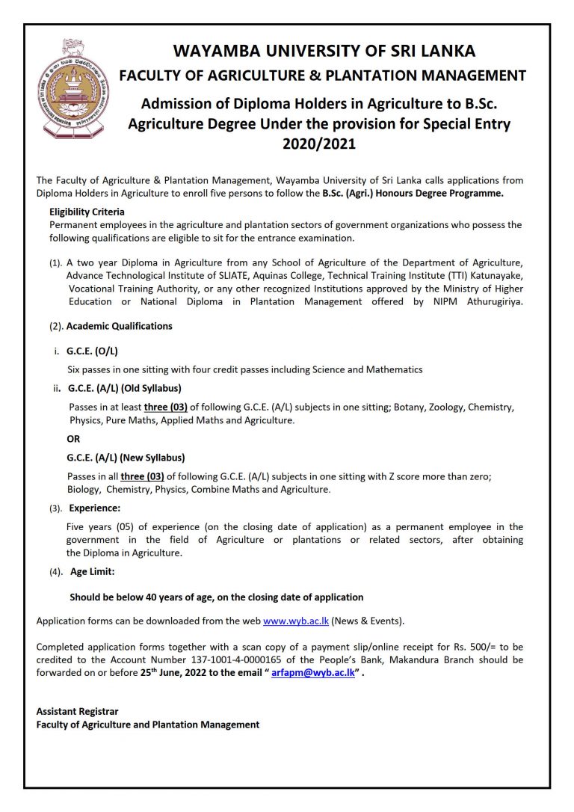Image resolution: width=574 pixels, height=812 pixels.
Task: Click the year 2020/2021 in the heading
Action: tap(319, 144)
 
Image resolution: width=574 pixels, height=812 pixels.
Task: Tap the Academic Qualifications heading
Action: tap(120, 326)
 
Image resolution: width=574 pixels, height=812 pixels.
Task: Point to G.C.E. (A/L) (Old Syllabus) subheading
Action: tap(125, 388)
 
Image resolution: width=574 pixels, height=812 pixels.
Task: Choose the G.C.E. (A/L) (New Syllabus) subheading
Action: tap(126, 458)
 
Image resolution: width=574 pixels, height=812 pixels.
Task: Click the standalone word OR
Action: tap(74, 439)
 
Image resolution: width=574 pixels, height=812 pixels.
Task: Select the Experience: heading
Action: tap(90, 508)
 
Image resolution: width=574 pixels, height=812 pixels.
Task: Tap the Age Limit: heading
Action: tap(92, 572)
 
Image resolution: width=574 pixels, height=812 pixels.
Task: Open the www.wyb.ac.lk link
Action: tap(296, 621)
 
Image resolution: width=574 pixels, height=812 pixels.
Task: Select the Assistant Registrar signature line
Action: tap(77, 712)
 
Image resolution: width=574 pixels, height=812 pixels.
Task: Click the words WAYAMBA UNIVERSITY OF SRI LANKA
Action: tap(324, 52)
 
